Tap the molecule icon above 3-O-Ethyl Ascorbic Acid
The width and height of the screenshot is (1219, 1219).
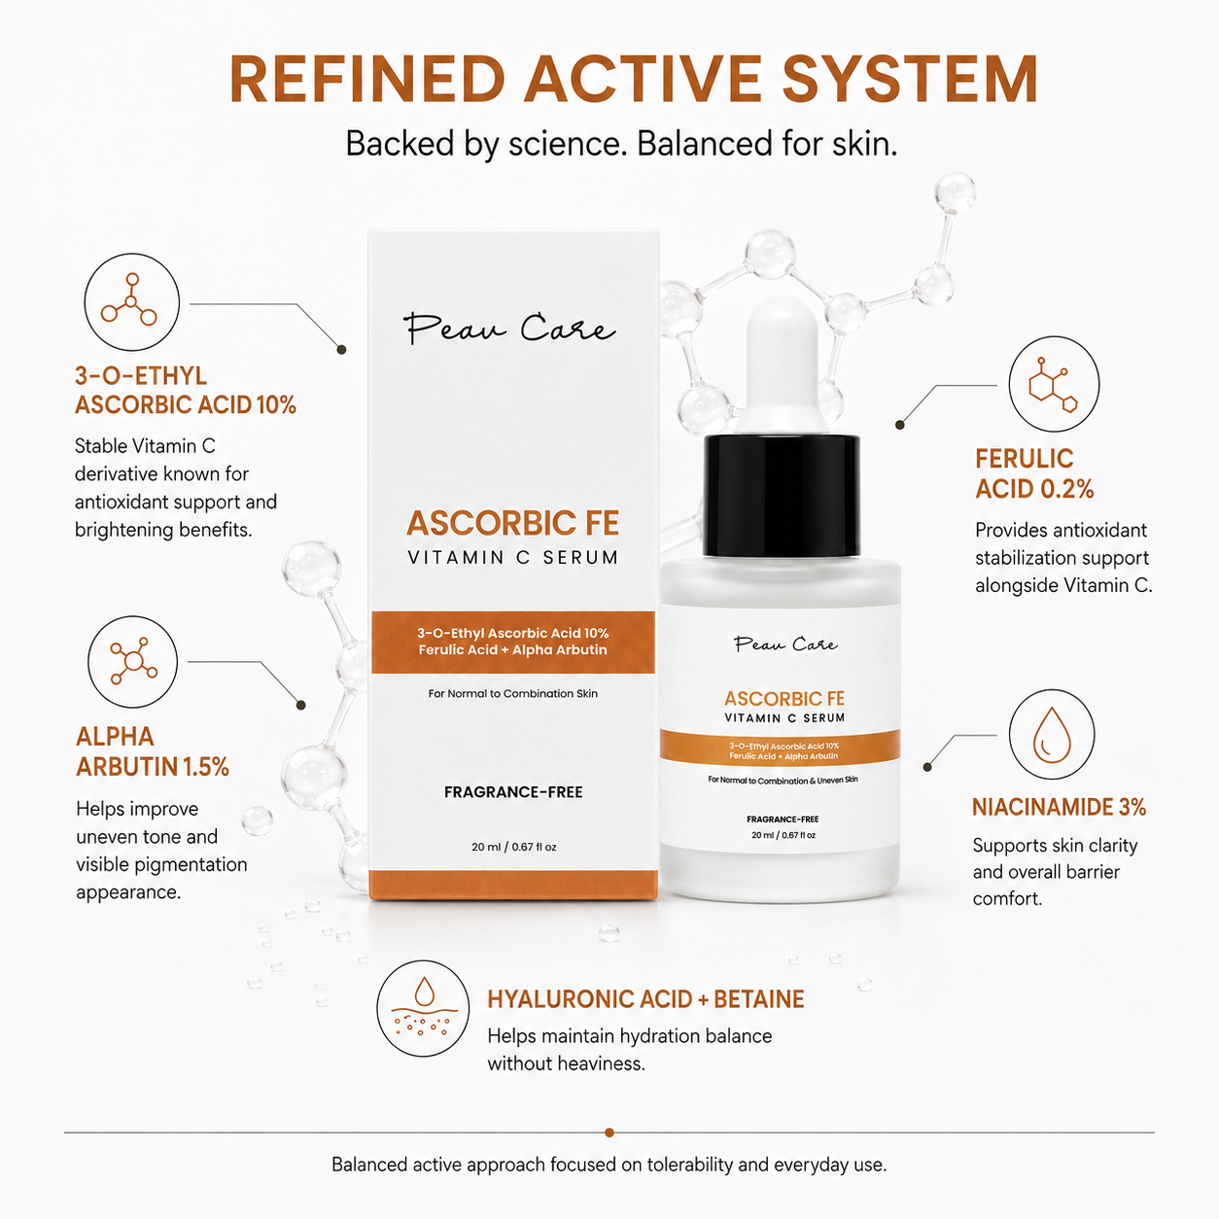coord(131,301)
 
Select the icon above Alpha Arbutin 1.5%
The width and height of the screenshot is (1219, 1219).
coord(133,662)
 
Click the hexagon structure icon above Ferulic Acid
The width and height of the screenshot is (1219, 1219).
coord(1054,384)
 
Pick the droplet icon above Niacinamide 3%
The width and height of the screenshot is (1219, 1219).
coord(1052,735)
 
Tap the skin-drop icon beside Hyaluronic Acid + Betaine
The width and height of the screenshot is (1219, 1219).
coord(423,1008)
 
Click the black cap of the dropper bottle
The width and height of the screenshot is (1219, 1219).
coord(782,496)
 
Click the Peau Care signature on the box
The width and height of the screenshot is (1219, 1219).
coord(509,329)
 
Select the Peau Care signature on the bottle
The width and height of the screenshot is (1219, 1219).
coord(785,644)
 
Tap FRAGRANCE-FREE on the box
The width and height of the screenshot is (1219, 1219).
coord(513,792)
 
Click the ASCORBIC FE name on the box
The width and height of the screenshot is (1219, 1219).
coord(513,523)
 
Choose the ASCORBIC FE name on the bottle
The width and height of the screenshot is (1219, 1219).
coord(784,698)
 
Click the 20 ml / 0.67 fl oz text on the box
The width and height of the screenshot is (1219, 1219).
coord(513,847)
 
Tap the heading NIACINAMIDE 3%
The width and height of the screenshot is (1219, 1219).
coord(1059,807)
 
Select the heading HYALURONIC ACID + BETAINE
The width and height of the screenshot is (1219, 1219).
coord(645,999)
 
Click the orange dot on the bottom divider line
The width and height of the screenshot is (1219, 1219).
coord(609,1132)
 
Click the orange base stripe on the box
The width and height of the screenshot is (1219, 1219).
coord(513,885)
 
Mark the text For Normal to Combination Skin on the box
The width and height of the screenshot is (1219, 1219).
coord(513,693)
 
